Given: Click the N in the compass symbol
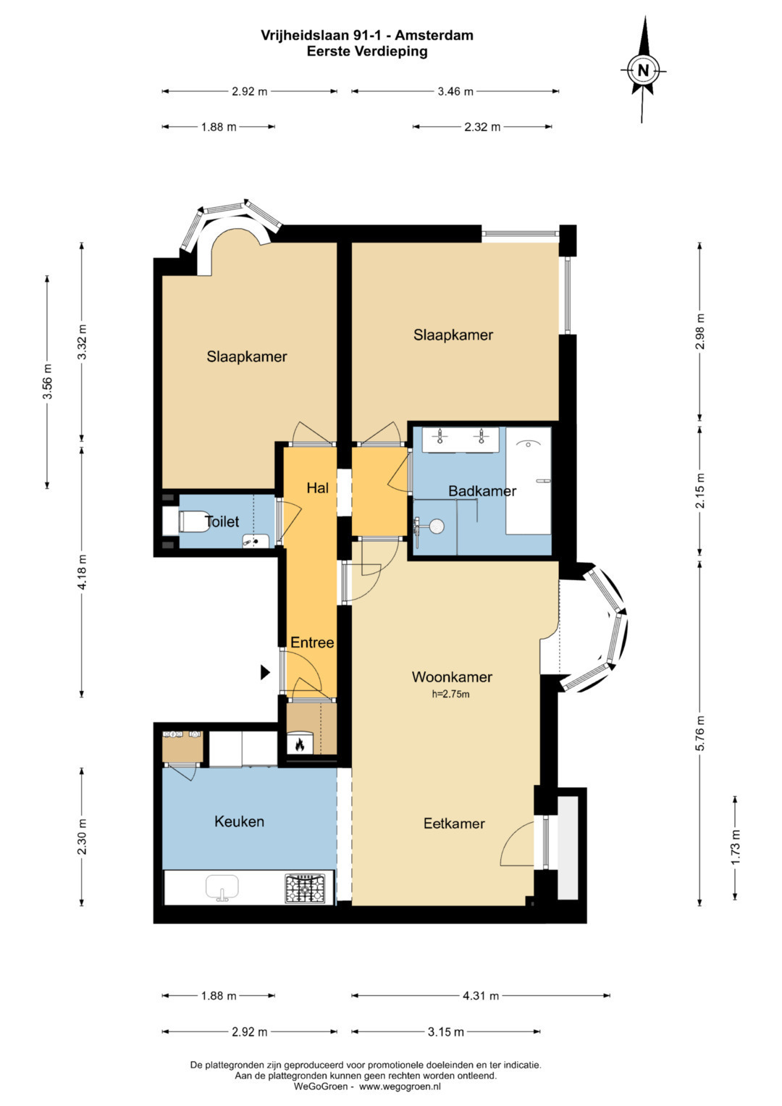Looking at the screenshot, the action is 643,70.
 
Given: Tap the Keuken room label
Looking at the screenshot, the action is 239,821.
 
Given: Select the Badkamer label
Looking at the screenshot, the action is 482,491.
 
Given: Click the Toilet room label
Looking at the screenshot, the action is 222,521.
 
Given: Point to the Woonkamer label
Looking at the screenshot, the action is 452,676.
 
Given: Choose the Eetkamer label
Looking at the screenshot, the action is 454,823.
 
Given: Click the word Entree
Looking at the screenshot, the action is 312,642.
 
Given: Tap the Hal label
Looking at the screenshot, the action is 317,488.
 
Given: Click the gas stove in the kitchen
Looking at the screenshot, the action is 305,889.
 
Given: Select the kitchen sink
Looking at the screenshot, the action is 222,888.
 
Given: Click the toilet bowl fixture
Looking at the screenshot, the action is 193,521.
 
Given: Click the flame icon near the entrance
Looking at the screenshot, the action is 299,744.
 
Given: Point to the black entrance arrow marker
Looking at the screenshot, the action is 265,672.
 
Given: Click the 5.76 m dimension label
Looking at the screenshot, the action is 700,732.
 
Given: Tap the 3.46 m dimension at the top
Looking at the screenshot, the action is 455,91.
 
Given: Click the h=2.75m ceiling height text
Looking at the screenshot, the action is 450,694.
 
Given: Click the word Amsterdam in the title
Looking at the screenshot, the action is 434,35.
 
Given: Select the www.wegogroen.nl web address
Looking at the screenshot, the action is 400,1086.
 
